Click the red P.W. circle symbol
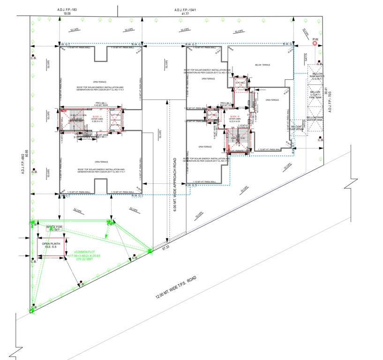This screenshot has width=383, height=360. coord(315,43)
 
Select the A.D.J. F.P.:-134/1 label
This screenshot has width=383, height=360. coord(185,10)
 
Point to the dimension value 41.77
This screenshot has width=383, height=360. coord(185,15)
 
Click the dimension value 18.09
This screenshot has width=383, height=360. coord(67,15)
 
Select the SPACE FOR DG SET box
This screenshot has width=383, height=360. coord(54,228)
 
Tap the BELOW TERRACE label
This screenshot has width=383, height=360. coord(263,65)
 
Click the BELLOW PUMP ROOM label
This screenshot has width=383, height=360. coord(296,129)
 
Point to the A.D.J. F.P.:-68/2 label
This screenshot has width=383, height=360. coord(22,164)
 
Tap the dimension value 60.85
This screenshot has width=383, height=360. coord(27,154)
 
